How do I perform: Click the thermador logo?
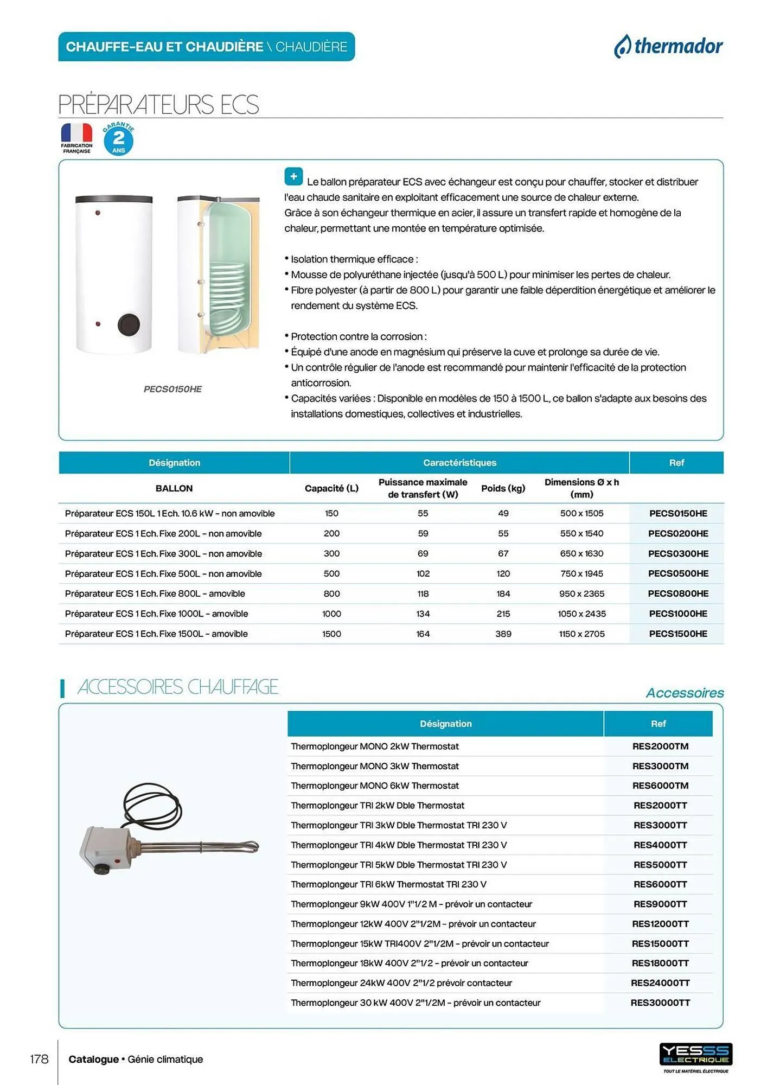pos(668,47)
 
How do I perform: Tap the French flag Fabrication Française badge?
pos(76,138)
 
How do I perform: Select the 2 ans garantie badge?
pos(119,139)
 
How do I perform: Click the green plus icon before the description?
pos(293,176)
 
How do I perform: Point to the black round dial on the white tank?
pos(129,324)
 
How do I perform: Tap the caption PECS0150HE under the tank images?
pos(172,389)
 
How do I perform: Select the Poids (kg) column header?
pos(503,488)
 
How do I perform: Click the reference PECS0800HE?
pos(677,593)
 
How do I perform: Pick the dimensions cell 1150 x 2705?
pos(581,634)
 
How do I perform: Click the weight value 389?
pos(503,634)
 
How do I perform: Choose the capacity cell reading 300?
pos(331,553)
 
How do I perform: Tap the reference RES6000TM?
pos(660,786)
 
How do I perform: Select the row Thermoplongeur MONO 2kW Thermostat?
pos(375,746)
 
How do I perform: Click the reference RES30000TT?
pos(660,1003)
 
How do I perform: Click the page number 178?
pos(39,1059)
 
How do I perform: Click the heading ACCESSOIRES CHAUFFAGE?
pos(177,687)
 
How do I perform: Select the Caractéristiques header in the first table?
pos(459,463)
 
